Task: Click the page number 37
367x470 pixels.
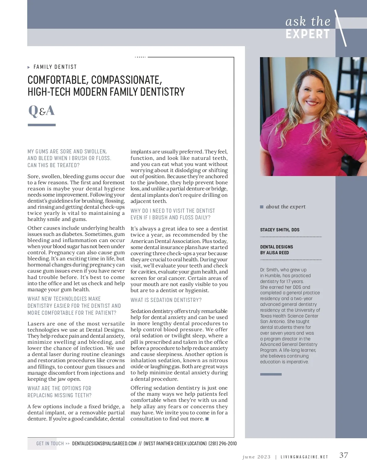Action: pos(343,455)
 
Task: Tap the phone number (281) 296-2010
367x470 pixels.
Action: pos(222,443)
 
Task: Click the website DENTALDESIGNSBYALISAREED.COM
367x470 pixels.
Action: pos(104,443)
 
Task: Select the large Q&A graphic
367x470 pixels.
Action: pos(41,111)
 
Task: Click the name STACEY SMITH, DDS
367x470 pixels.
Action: pos(280,230)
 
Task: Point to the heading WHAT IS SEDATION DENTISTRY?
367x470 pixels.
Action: pos(166,300)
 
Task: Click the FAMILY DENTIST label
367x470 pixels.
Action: pos(55,67)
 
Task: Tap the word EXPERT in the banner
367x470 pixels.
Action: pos(307,34)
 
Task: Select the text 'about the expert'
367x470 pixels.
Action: pos(286,207)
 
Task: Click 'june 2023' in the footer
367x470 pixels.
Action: pos(256,457)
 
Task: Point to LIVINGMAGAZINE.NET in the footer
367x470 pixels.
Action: pos(304,457)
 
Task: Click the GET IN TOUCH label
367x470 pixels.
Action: pos(50,443)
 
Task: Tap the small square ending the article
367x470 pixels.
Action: pos(207,419)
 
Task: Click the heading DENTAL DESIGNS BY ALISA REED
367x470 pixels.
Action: pos(276,250)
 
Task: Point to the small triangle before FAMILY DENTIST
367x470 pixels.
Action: pos(29,67)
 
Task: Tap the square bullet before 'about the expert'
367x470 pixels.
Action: pos(261,207)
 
